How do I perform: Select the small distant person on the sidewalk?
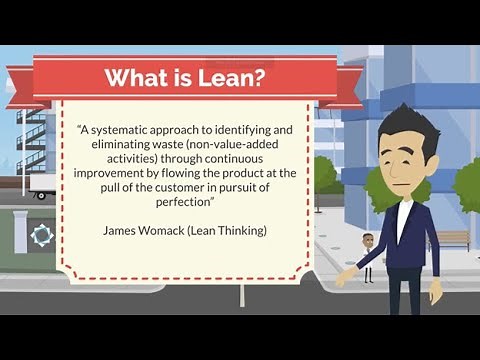tap(368, 256)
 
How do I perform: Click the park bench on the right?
tap(452, 241)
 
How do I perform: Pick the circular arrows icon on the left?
tap(41, 236)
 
